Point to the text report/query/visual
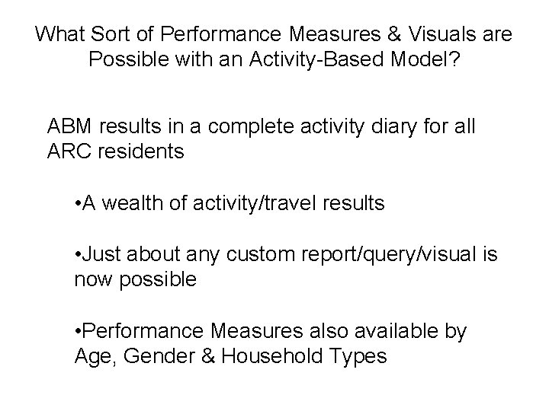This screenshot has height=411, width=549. [x=371, y=255]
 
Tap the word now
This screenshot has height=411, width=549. [x=92, y=280]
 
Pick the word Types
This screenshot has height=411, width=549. [x=359, y=356]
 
